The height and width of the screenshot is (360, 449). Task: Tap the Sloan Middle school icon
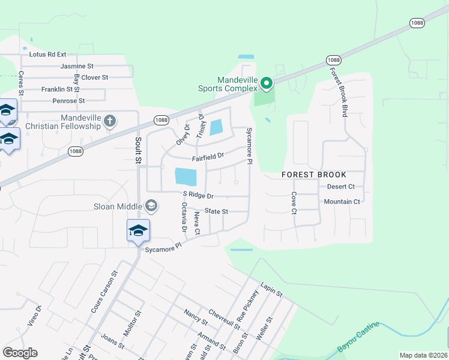(x=151, y=206)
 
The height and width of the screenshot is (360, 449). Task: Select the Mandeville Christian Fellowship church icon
(x=109, y=121)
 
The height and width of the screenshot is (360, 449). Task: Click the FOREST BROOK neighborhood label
(x=315, y=175)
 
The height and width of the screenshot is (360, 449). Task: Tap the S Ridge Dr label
(x=197, y=196)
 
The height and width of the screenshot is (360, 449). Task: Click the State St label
(x=216, y=211)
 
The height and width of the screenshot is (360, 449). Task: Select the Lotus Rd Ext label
(x=47, y=54)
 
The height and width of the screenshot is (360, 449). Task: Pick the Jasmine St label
(x=77, y=65)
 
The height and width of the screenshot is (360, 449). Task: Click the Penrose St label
(x=68, y=101)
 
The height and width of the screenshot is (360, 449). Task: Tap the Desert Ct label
(x=341, y=187)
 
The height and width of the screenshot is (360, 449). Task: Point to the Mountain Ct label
(x=342, y=202)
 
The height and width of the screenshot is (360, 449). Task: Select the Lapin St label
(x=271, y=290)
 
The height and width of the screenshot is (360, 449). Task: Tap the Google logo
(x=20, y=353)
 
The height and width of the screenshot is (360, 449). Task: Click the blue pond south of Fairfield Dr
(x=185, y=176)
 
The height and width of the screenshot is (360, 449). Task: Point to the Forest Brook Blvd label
(x=337, y=91)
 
